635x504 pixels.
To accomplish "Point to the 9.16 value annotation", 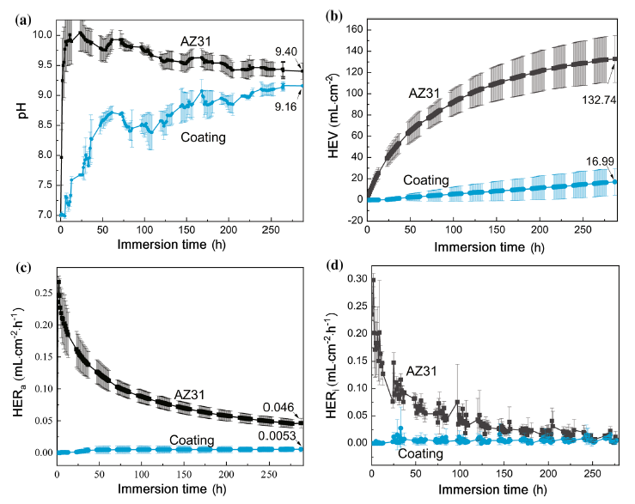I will click(277, 106).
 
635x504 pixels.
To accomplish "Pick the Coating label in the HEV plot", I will click(426, 180).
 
